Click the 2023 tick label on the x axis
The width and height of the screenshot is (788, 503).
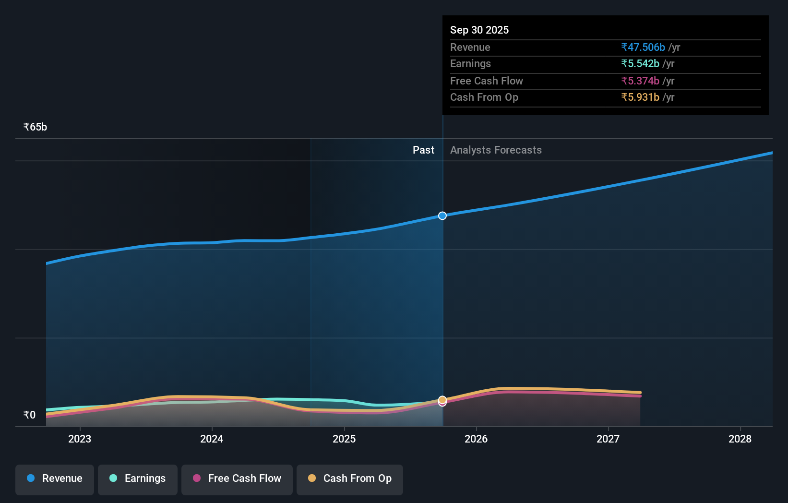click(x=80, y=439)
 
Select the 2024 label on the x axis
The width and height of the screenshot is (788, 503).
click(x=212, y=439)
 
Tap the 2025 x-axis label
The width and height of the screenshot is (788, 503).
click(x=344, y=439)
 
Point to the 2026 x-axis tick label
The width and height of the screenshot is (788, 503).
click(x=476, y=439)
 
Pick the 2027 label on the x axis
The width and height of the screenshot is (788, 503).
click(x=608, y=439)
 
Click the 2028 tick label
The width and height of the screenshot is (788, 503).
click(x=740, y=439)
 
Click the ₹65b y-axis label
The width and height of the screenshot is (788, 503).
click(x=35, y=127)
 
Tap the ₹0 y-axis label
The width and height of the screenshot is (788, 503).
click(x=29, y=415)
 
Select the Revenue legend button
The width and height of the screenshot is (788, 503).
click(x=55, y=479)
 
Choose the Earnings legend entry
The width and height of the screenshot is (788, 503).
click(x=138, y=479)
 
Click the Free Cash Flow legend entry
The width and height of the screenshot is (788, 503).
click(x=237, y=479)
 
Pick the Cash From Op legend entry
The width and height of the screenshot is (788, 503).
click(x=350, y=479)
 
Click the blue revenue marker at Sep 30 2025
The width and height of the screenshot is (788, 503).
click(x=442, y=216)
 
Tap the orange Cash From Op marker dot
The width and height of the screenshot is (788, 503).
click(x=442, y=399)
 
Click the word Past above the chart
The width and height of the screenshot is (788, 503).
click(x=423, y=150)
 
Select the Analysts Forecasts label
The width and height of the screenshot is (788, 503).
click(x=496, y=150)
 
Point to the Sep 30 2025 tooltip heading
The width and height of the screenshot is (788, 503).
click(x=479, y=30)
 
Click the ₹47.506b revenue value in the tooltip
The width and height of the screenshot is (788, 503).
click(x=643, y=47)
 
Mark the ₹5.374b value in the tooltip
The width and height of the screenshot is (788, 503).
click(x=640, y=81)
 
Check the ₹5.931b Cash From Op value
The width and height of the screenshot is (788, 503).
click(x=640, y=97)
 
